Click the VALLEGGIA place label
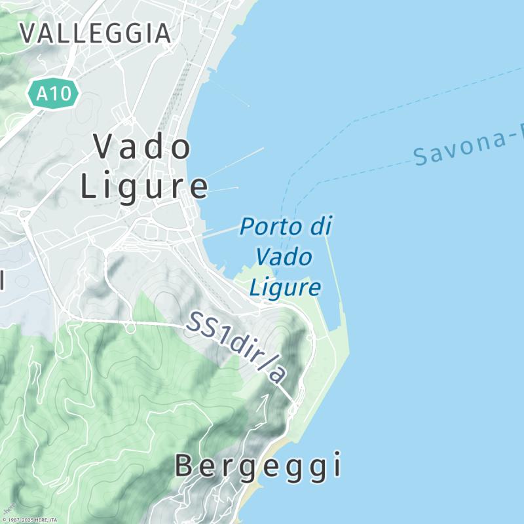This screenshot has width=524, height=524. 96,33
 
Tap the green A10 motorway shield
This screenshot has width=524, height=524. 53,94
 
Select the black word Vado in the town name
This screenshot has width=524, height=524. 143,147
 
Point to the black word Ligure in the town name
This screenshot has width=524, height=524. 145,187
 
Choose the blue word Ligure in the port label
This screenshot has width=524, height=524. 286,287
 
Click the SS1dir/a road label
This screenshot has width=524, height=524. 236,347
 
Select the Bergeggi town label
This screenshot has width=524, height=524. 258,466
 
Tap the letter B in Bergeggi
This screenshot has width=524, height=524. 184,466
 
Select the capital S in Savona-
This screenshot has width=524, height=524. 422,157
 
